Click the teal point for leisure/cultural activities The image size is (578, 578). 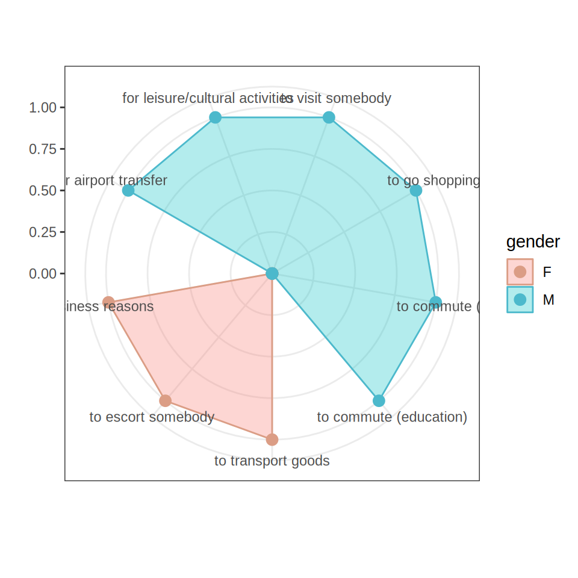pos(215,117)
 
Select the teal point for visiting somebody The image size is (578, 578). pos(329,117)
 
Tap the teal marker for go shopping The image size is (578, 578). pos(415,190)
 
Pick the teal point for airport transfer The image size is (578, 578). pos(128,190)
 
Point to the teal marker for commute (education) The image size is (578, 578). pos(379,400)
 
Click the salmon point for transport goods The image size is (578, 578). pos(272,440)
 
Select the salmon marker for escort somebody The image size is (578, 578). pos(166,400)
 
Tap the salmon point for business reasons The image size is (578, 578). pos(108,302)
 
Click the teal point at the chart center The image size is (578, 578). pos(272,273)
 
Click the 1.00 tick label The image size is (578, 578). pos(43,108)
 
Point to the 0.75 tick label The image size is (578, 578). pos(43,149)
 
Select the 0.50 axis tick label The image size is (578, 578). pos(43,191)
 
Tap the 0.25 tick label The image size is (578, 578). pos(43,232)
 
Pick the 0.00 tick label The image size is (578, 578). pos(43,274)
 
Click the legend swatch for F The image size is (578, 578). pos(520,272)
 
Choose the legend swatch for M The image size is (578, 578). pos(520,299)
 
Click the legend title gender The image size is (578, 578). pos(533,242)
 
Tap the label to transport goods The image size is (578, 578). pos(272,461)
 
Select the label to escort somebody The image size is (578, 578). pos(152,417)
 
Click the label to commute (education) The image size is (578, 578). pos(392,417)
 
